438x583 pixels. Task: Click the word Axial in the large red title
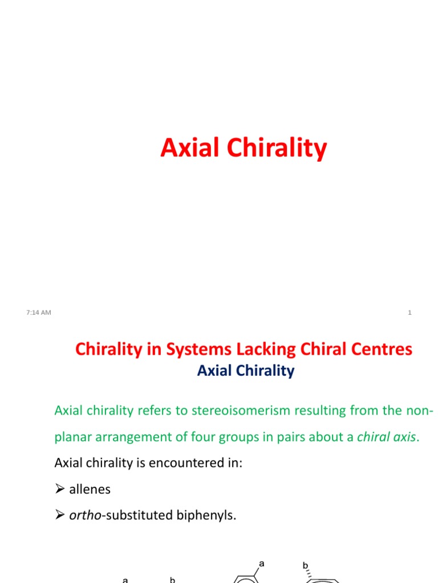pos(186,148)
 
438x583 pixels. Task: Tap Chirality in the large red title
pos(272,148)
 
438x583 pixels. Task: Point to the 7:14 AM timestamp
pos(39,311)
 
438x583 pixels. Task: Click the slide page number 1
pos(409,312)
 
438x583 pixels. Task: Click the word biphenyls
pos(205,515)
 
